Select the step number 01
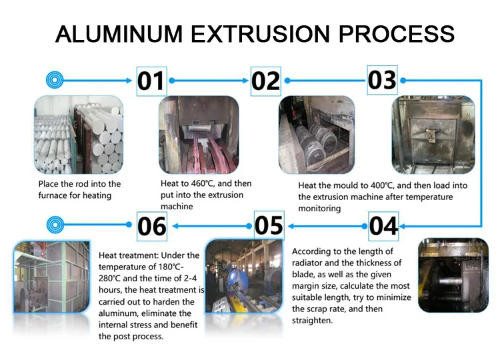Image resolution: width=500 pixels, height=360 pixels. (x=151, y=81)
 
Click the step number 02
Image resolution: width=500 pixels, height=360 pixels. (x=265, y=81)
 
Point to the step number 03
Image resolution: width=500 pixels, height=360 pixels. (x=382, y=80)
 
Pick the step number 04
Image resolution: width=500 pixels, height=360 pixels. (x=384, y=226)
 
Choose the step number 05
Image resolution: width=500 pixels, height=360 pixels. (x=269, y=225)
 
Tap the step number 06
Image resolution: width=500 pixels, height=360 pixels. (x=152, y=227)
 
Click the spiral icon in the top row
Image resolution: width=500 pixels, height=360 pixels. (x=55, y=80)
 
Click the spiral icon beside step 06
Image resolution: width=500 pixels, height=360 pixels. (x=55, y=226)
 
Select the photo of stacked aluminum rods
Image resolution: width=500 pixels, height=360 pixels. (x=79, y=135)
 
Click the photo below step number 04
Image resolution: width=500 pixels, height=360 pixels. (x=453, y=275)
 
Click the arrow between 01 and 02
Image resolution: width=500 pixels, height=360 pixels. (x=209, y=81)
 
